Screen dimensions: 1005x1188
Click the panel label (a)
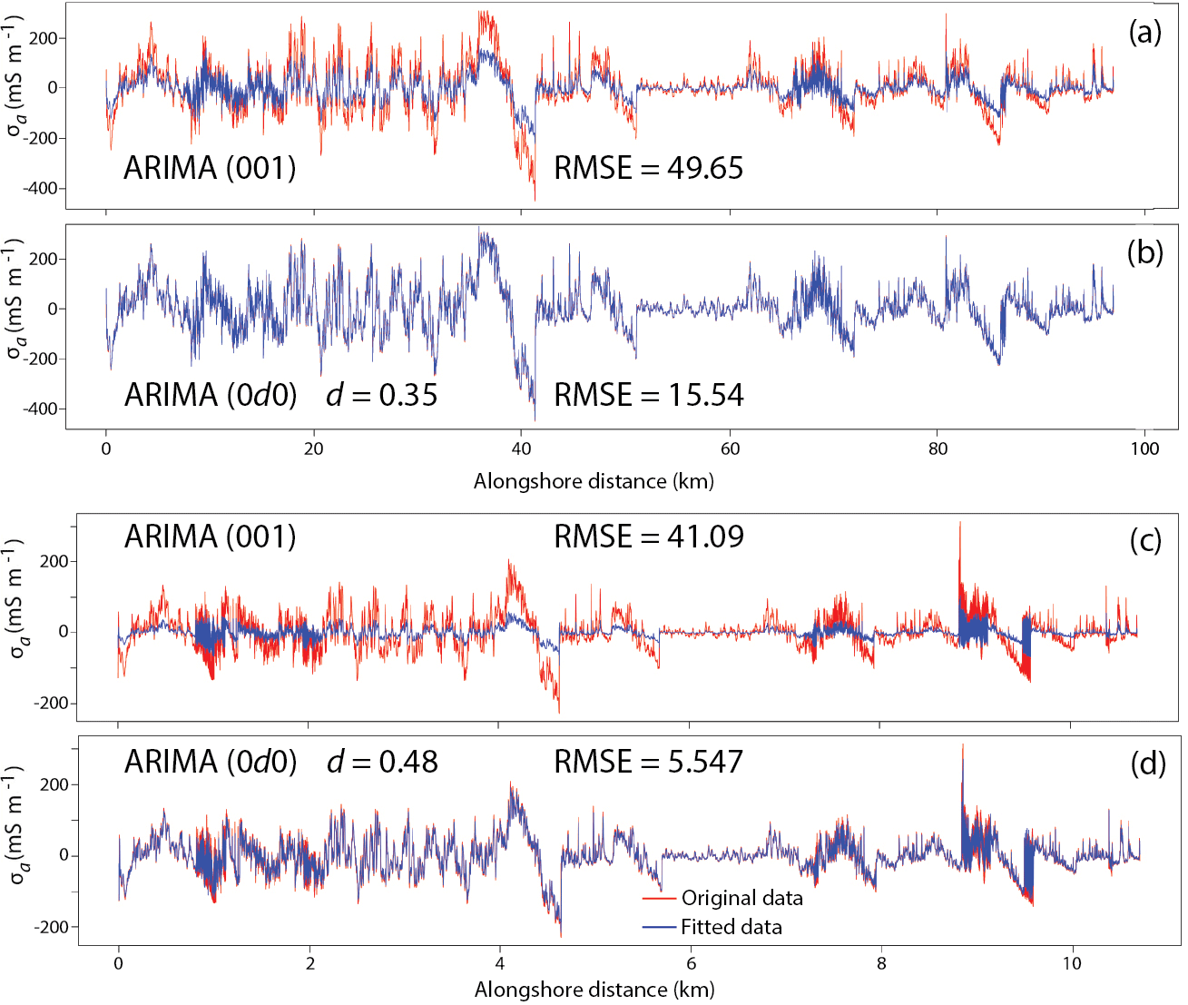coord(1144,33)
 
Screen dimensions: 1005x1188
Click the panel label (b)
coord(1144,252)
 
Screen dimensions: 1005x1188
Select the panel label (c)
coord(1145,540)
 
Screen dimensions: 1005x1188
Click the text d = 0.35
coord(382,395)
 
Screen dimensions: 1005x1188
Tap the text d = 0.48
coord(382,762)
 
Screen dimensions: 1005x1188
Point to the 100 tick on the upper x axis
coord(1144,448)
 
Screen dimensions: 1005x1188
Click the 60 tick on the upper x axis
coord(730,448)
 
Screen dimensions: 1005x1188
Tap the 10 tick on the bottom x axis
coord(1072,963)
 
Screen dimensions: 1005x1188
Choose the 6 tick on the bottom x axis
coord(691,963)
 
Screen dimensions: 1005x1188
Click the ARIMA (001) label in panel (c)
coord(210,537)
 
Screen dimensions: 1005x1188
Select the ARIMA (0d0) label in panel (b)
coord(210,395)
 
